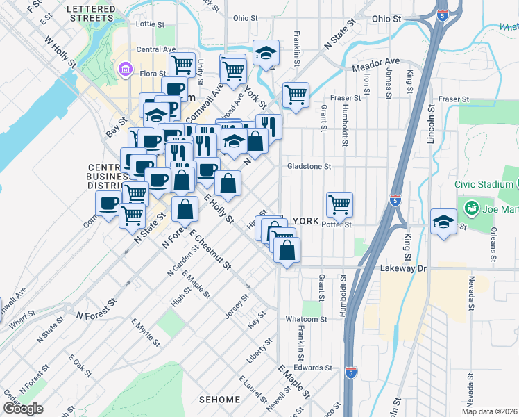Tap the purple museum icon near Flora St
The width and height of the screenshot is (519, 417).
(126, 68)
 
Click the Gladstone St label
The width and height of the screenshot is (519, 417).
(310, 167)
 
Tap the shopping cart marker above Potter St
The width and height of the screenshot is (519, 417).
(339, 204)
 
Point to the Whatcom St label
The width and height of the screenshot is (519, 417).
(306, 319)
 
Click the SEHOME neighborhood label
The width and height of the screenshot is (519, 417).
(219, 400)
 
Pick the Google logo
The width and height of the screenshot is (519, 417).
(23, 409)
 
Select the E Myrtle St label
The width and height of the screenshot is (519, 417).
(146, 332)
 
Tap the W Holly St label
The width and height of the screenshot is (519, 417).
(60, 53)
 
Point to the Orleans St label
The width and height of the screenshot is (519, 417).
(494, 246)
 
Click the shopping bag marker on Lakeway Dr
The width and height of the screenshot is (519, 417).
(287, 250)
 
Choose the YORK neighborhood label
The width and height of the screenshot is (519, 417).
(305, 221)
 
